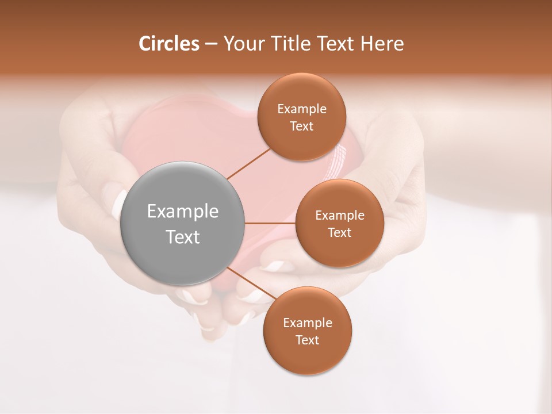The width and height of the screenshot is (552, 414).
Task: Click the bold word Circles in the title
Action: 169,44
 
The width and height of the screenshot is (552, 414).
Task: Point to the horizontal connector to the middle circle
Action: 270,223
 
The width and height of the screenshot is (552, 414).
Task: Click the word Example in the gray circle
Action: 183,212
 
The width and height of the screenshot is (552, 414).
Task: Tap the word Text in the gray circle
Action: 183,237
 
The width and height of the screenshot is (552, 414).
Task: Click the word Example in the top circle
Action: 302,109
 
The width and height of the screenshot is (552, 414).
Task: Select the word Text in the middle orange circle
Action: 339,232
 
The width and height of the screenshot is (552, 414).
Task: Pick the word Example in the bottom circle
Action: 307,323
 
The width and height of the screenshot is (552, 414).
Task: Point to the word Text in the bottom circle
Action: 307,340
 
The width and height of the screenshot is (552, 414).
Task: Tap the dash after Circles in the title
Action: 210,44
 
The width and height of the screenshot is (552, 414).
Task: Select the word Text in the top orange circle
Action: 302,126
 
